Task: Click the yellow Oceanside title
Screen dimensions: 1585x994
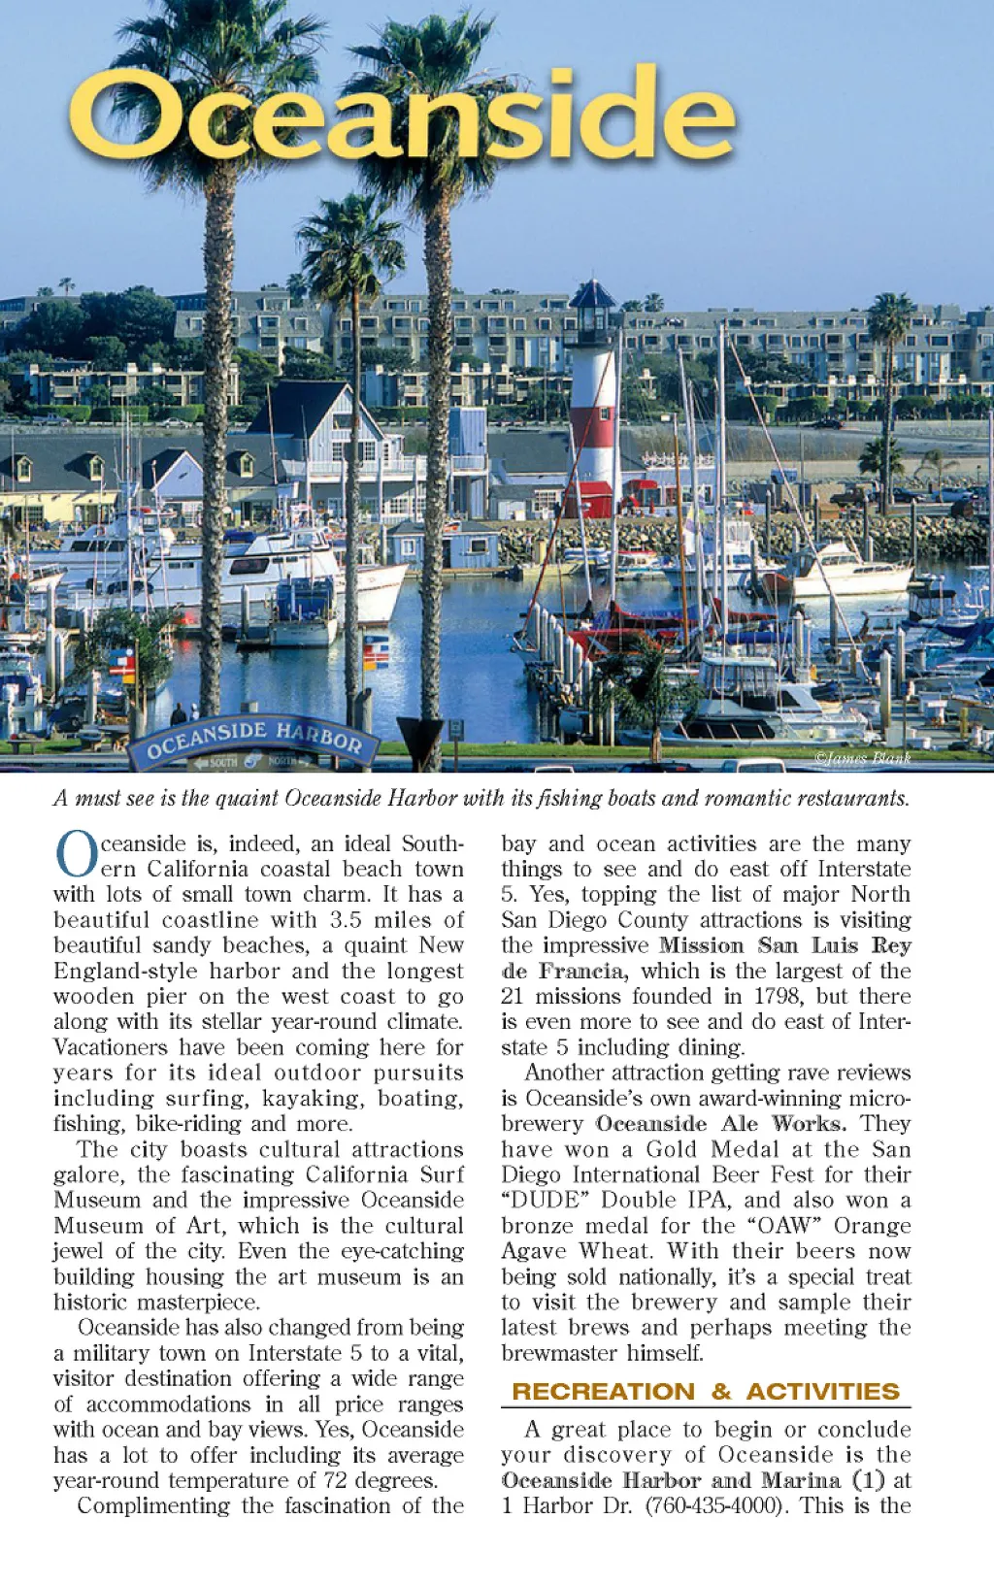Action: point(400,116)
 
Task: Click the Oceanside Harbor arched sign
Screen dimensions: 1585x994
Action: point(254,741)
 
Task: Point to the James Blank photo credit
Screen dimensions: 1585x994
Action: point(862,758)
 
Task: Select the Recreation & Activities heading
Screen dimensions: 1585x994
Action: point(706,1391)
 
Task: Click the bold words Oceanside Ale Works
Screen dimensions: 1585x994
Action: point(720,1124)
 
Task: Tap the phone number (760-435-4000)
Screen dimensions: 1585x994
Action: point(715,1505)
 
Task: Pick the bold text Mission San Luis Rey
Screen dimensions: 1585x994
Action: point(784,945)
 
